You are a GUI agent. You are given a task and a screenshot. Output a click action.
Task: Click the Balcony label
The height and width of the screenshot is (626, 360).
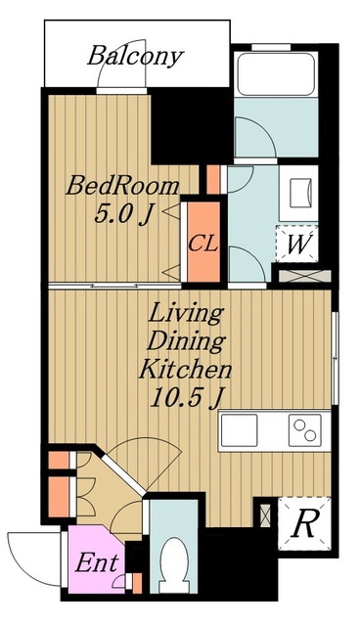[135, 57]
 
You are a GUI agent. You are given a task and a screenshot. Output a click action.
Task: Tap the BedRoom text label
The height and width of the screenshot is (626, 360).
[122, 186]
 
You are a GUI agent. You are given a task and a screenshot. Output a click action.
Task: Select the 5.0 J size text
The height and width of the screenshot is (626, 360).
[123, 215]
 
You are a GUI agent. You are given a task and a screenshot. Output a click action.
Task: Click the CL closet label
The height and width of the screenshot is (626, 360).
[203, 244]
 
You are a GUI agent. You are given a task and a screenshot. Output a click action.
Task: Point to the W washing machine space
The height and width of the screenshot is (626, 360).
[297, 244]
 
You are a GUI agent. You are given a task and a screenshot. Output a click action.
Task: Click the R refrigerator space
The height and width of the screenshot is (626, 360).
[304, 524]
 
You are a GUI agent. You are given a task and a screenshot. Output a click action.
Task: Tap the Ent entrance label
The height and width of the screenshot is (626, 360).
[97, 563]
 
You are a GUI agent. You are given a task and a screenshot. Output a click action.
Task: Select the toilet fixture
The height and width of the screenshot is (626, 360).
[174, 564]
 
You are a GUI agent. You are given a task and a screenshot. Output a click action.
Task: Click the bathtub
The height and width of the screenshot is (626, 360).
[276, 74]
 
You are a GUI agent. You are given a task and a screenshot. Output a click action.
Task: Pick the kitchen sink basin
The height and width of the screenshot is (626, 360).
[239, 430]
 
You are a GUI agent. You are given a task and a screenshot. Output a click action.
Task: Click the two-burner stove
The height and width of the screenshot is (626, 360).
[305, 430]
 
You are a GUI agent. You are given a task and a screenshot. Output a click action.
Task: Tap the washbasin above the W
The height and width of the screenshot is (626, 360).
[299, 194]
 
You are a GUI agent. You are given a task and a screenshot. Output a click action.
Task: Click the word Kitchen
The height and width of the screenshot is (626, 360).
[185, 370]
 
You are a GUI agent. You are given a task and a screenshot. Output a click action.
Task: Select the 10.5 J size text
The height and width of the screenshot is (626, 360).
[187, 398]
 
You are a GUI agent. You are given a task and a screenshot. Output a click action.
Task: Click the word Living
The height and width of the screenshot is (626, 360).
[185, 314]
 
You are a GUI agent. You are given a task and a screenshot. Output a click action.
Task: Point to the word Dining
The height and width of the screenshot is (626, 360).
[186, 342]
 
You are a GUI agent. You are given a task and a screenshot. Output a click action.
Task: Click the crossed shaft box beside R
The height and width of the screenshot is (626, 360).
[265, 515]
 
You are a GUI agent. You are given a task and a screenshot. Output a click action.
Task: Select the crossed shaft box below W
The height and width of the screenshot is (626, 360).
[305, 276]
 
